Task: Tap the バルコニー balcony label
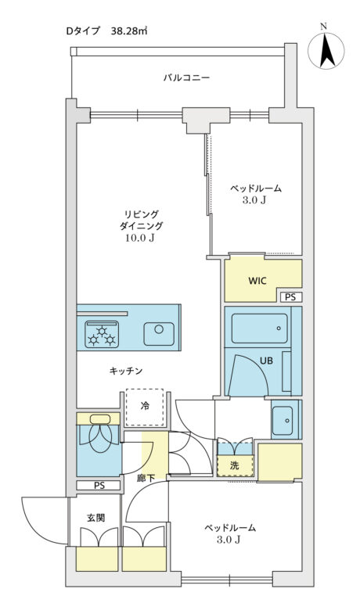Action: click(186, 78)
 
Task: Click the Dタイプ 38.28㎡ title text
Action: click(107, 31)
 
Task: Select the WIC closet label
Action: click(258, 280)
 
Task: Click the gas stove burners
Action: click(103, 335)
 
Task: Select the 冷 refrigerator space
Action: click(145, 405)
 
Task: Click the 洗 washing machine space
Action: click(234, 465)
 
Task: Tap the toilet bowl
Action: click(100, 439)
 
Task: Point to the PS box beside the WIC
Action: click(290, 297)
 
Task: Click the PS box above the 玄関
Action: click(99, 485)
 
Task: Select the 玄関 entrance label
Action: click(96, 518)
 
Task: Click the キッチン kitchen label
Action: click(125, 371)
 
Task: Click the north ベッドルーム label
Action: click(255, 188)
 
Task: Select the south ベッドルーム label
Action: click(230, 528)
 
